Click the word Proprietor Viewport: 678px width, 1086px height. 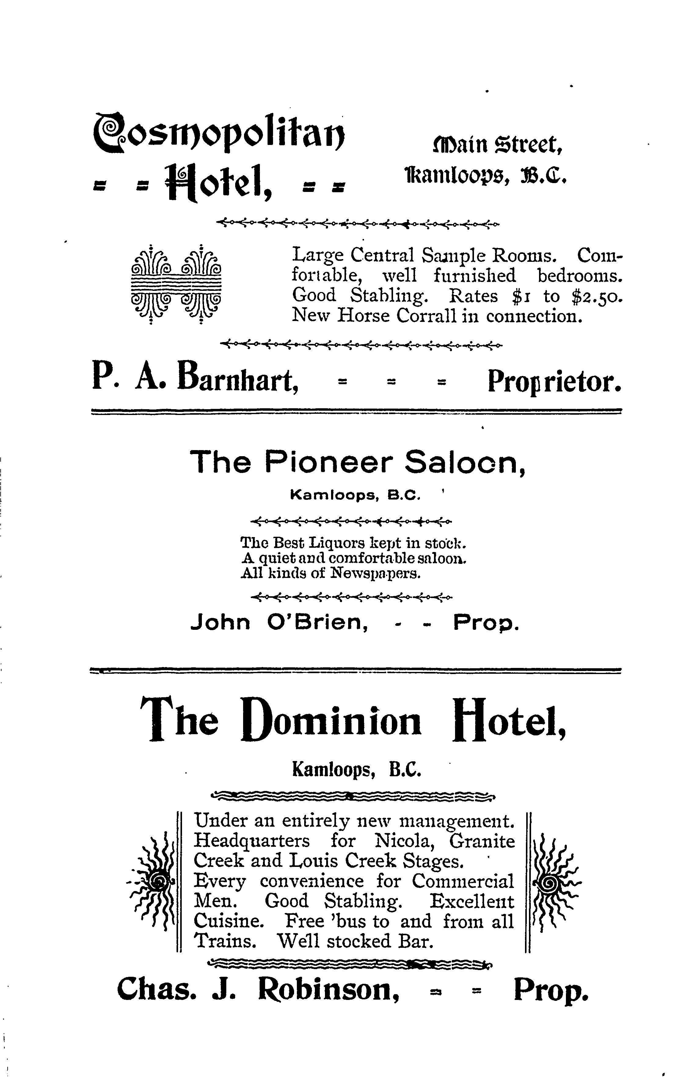554,382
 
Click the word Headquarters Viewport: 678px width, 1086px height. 252,841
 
